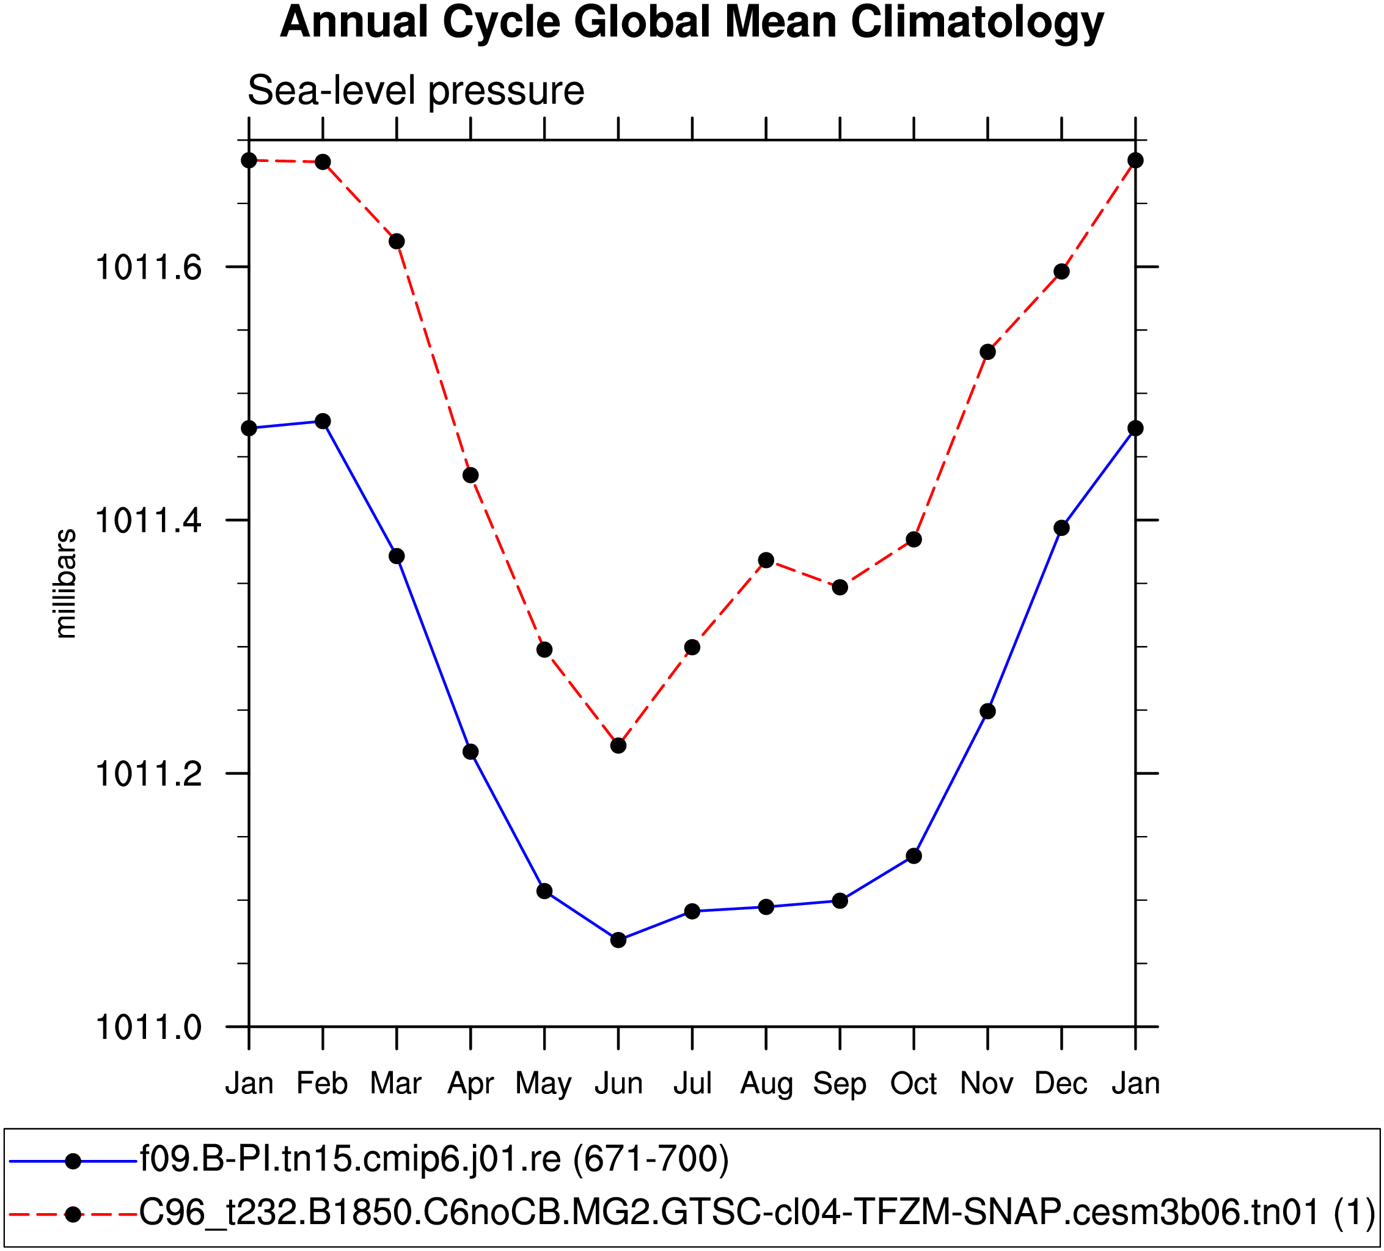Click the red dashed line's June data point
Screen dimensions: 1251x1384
point(618,745)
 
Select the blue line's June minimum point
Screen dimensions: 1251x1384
point(618,940)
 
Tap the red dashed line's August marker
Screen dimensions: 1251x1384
point(766,560)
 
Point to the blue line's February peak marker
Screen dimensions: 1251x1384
point(323,421)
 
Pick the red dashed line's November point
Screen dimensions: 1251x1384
point(988,352)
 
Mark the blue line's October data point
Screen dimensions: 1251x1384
point(914,856)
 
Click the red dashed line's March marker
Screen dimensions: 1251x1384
point(397,241)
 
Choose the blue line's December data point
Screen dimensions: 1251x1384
point(1062,528)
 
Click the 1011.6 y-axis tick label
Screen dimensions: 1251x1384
point(139,268)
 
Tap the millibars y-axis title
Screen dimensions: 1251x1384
point(66,584)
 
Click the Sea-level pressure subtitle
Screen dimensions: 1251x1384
point(416,90)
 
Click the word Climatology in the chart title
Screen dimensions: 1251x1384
point(977,22)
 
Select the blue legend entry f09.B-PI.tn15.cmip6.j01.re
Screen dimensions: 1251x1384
point(434,1159)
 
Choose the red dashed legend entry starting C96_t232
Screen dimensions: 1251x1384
point(755,1212)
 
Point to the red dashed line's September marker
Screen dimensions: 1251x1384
point(840,588)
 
